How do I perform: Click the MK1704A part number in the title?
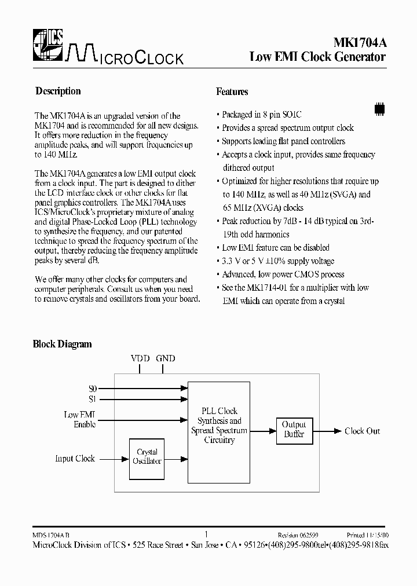click(359, 42)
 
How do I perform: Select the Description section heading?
click(58, 91)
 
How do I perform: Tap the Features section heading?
click(232, 91)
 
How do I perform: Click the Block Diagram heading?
click(62, 344)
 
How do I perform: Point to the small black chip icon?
click(379, 108)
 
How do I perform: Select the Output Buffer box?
click(294, 430)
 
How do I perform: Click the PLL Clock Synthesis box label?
click(219, 426)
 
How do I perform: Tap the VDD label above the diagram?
click(140, 358)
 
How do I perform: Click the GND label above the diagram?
click(166, 358)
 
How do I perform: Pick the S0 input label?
click(93, 389)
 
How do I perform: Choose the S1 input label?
click(93, 399)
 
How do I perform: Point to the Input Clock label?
click(75, 458)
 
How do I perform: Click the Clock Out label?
click(362, 431)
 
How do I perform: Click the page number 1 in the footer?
click(207, 534)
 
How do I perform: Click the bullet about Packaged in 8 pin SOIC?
click(261, 115)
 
